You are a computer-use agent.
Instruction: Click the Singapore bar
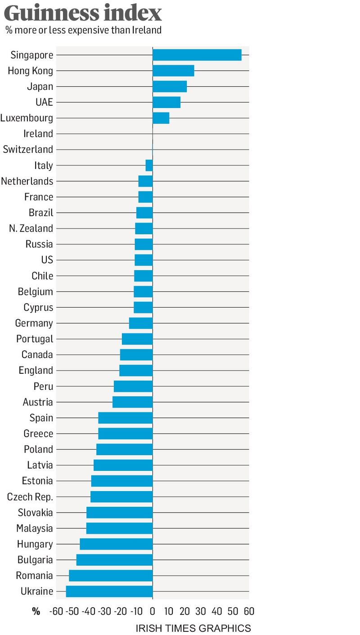pos(197,55)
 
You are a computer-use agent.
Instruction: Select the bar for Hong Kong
pos(173,71)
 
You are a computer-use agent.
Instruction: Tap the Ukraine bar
pos(109,591)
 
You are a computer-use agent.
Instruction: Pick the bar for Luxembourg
pos(161,118)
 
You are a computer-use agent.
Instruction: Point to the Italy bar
pos(149,165)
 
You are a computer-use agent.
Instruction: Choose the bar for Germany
pos(141,323)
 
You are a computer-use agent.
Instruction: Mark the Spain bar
pos(126,418)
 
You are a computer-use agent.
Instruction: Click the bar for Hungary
pos(116,544)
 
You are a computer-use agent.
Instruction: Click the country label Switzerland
pos(28,149)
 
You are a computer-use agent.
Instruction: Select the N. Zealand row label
pos(31,228)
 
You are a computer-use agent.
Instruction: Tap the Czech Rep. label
pos(30,497)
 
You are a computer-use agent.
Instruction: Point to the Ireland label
pos(38,134)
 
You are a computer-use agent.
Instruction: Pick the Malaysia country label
pos(35,528)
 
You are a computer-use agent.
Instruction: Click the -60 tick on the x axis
pos(56,611)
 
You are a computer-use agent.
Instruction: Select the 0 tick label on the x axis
pos(153,611)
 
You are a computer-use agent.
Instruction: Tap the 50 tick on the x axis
pos(233,611)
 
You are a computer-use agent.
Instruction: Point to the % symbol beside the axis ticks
pos(36,611)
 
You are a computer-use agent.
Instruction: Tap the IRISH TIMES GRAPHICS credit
pos(193,628)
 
